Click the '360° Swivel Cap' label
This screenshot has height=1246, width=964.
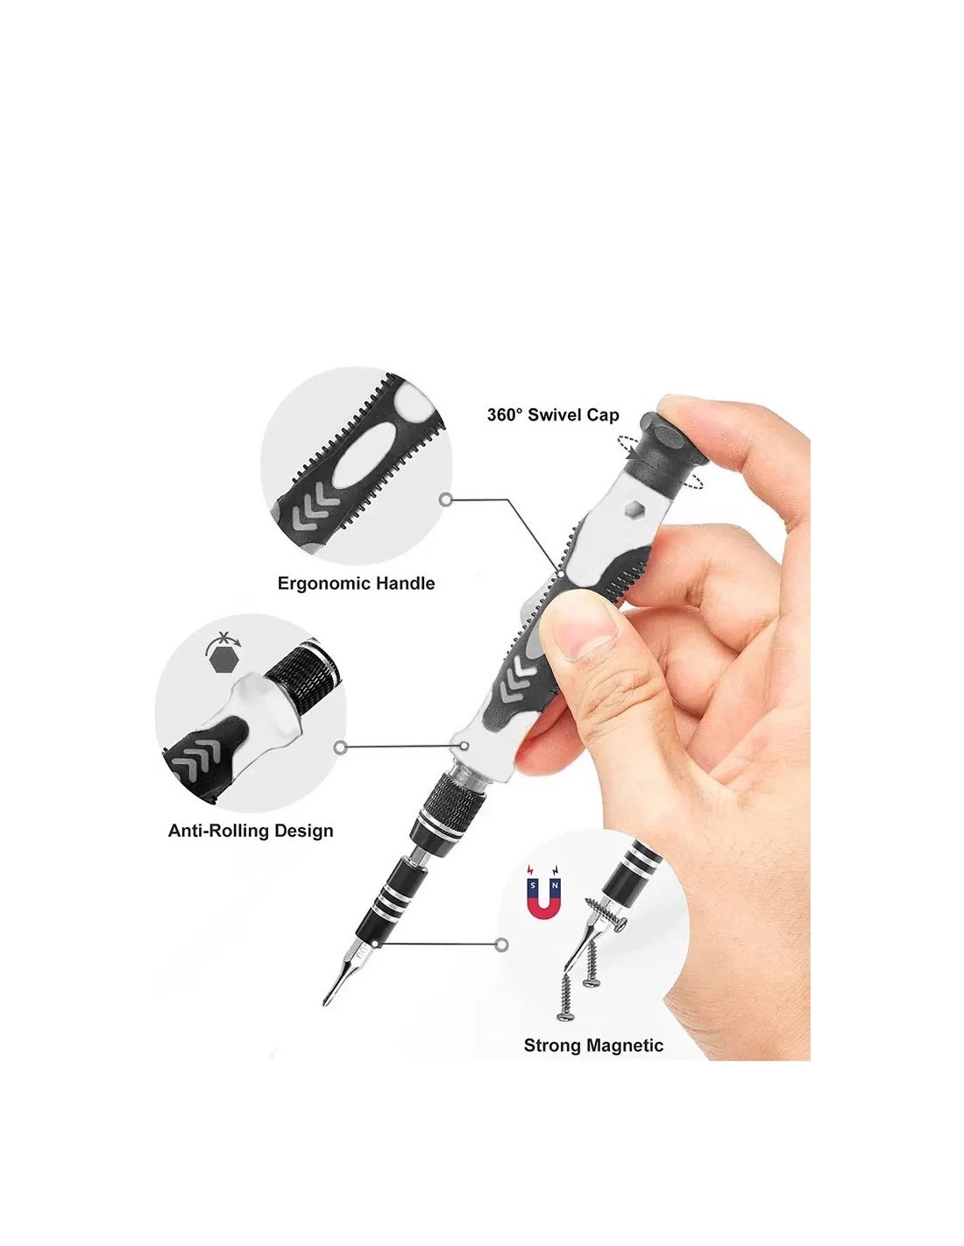[x=553, y=414]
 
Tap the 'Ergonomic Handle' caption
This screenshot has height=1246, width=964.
[x=356, y=584]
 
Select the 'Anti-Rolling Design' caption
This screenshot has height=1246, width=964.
[x=251, y=831]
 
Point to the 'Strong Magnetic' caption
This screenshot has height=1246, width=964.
[x=593, y=1045]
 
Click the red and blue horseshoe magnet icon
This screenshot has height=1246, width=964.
[x=544, y=901]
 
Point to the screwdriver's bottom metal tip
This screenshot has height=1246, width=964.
[x=325, y=1004]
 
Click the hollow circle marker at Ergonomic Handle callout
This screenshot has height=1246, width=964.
[x=445, y=499]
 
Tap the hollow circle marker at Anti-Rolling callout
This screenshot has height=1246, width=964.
[x=341, y=747]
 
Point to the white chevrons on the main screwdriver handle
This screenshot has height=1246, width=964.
[x=514, y=679]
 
